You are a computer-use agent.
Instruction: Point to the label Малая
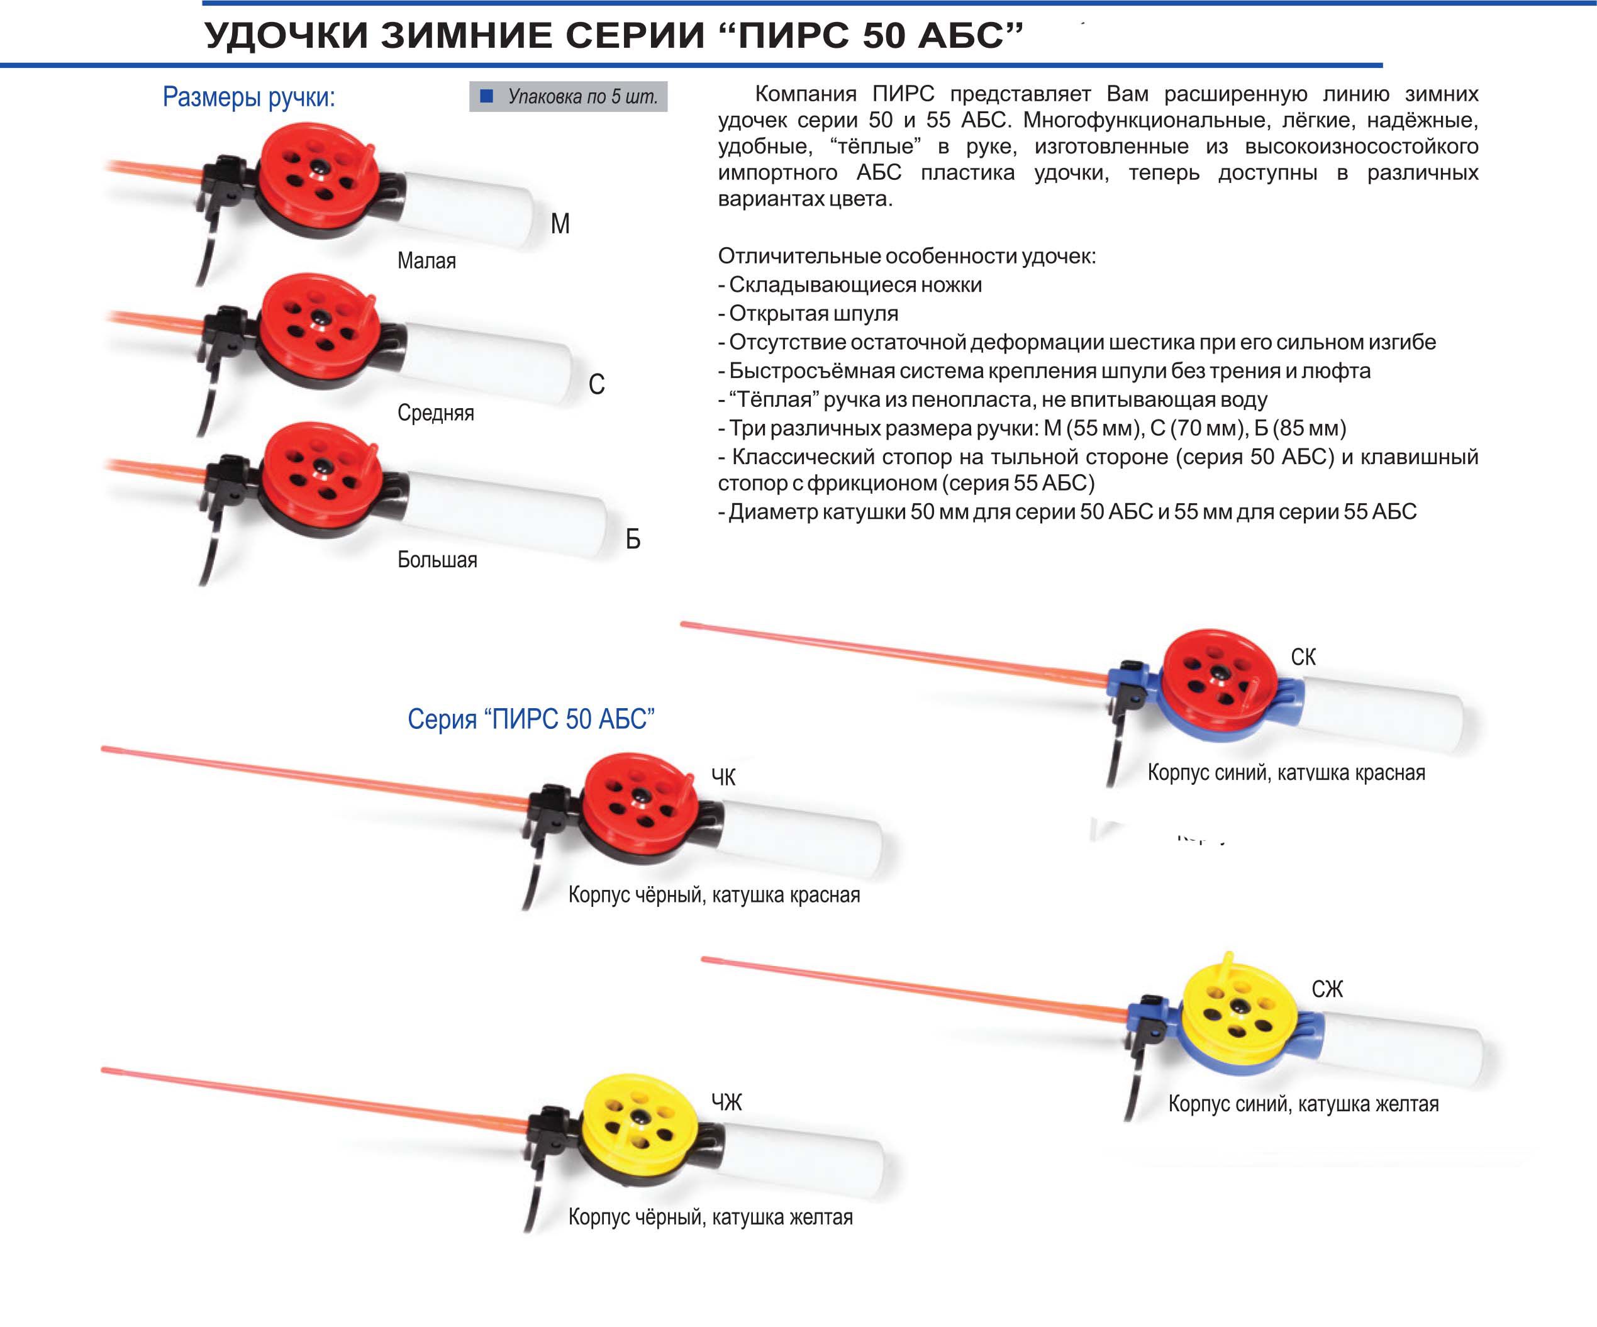426,261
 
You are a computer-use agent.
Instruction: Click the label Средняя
435,413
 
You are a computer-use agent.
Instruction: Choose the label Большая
437,560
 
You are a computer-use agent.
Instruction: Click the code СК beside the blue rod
1303,657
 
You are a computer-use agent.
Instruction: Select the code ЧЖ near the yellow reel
726,1102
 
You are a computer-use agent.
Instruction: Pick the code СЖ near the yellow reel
1327,989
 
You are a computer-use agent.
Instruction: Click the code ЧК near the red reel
723,777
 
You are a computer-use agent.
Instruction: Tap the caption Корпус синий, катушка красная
1286,773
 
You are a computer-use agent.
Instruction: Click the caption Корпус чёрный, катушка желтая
710,1217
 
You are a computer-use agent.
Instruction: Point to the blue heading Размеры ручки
248,97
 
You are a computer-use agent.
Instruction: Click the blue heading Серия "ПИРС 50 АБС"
531,719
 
